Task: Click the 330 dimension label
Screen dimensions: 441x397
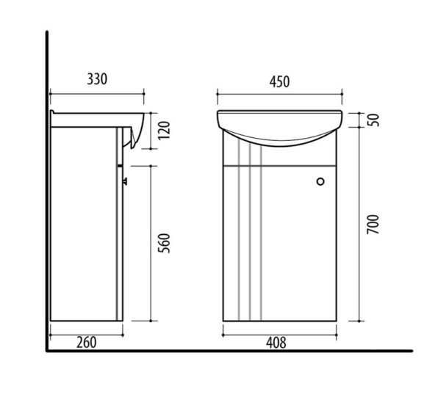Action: click(x=97, y=79)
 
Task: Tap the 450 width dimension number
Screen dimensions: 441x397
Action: click(x=279, y=81)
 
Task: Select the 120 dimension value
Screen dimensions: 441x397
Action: click(x=165, y=131)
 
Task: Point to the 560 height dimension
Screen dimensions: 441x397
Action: click(x=165, y=243)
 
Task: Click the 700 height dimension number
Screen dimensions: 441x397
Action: click(x=373, y=225)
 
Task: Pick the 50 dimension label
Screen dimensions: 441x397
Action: click(x=373, y=120)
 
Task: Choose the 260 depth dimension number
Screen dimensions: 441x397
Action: click(x=86, y=343)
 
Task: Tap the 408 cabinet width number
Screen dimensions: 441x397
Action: click(x=276, y=343)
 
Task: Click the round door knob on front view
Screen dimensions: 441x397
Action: click(x=320, y=182)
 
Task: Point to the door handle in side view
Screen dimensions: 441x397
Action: click(x=125, y=182)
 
